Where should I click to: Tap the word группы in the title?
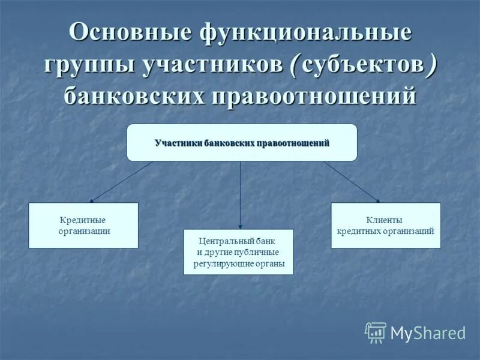88,64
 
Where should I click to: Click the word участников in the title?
211,64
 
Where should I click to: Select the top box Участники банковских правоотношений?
242,143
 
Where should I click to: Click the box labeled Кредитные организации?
83,226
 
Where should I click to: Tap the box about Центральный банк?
238,252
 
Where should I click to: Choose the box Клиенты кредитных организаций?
385,226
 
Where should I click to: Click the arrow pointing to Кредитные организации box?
120,182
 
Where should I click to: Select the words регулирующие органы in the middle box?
239,263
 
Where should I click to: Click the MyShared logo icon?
376,332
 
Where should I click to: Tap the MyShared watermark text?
428,333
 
